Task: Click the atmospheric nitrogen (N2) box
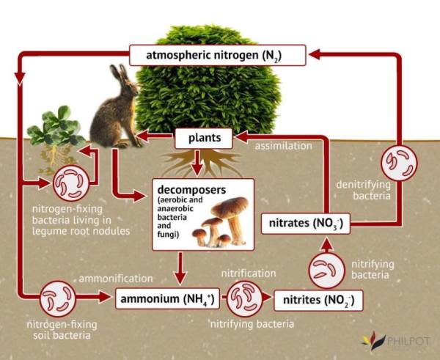coord(217,55)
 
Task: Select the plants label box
coord(204,138)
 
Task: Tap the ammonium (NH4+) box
coord(167,298)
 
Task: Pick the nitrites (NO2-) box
coord(318,300)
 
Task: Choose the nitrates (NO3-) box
coord(306,224)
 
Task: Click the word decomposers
coord(191,190)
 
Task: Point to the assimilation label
coord(283,146)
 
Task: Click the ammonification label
coord(116,279)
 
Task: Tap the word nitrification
coord(249,273)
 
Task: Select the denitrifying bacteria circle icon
coord(399,163)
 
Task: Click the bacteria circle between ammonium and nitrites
coord(244,298)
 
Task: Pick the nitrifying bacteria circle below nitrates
coord(326,271)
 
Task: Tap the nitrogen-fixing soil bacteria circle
coord(58,298)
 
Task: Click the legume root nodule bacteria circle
coord(72,183)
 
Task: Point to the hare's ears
coord(120,73)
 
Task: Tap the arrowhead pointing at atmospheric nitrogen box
coord(314,54)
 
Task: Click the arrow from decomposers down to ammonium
coord(180,268)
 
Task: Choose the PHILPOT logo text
coord(408,342)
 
